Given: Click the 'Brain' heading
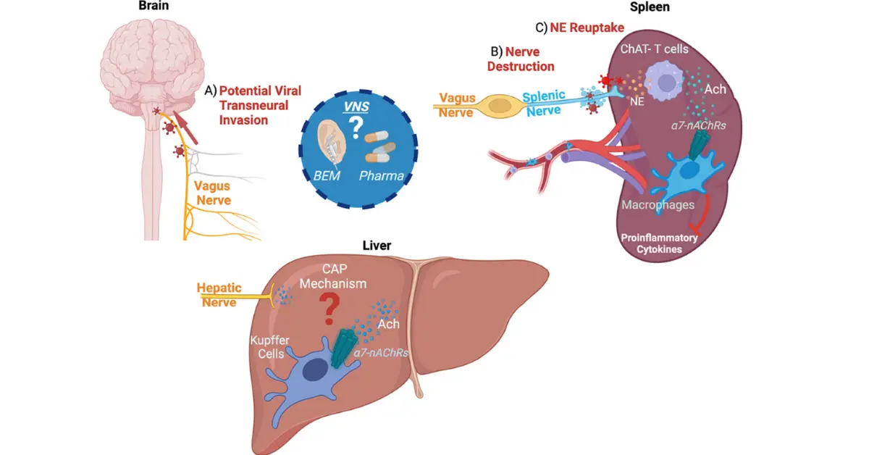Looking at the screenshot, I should (156, 6).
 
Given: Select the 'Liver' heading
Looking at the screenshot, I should (377, 246).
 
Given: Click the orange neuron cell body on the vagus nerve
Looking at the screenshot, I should (498, 107).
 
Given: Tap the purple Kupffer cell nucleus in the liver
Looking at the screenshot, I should (314, 372).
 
